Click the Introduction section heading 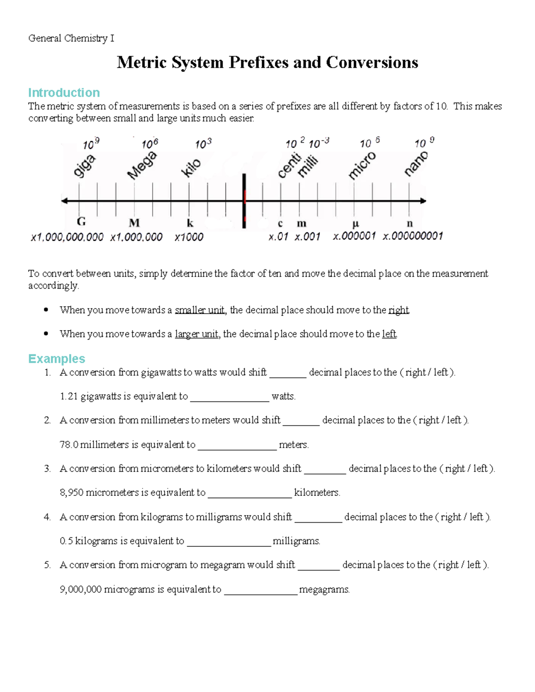64,93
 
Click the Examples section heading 57,359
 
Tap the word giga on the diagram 84,166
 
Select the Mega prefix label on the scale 142,165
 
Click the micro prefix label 362,165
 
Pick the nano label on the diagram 416,164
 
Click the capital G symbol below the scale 81,222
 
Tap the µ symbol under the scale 355,223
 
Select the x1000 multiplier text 189,237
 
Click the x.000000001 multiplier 412,236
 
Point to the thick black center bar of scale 244,201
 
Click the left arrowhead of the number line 65,201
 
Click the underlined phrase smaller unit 199,310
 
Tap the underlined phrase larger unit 196,334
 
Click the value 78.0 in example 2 69,445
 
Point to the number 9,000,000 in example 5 81,590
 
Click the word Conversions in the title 372,62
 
